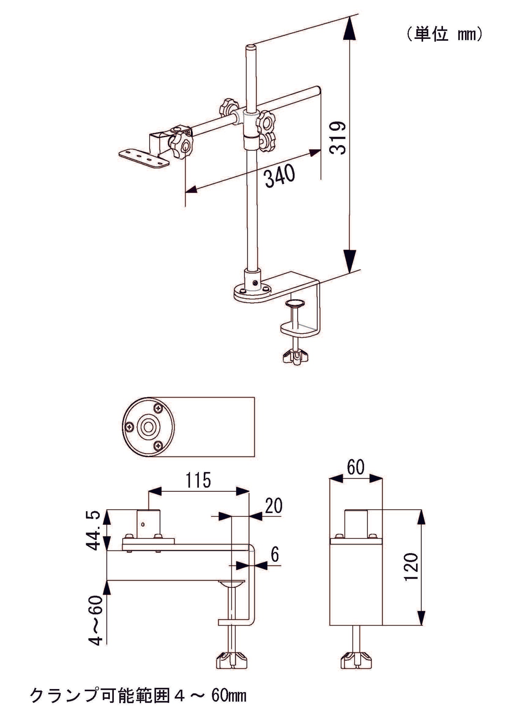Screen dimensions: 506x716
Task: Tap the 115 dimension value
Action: pyautogui.click(x=198, y=480)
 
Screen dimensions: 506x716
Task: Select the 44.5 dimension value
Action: pyautogui.click(x=93, y=531)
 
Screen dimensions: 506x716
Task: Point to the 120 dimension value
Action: pyautogui.click(x=411, y=567)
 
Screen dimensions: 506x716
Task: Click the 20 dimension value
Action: pyautogui.click(x=273, y=506)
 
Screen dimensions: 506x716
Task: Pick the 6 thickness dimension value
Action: pyautogui.click(x=275, y=555)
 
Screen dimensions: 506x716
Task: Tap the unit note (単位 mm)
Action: pyautogui.click(x=444, y=34)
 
